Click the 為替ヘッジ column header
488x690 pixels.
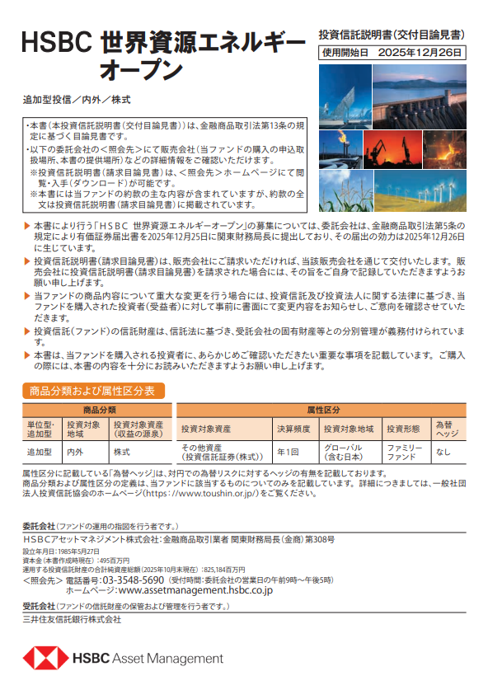(x=447, y=429)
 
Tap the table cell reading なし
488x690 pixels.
(x=443, y=452)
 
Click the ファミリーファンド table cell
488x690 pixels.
(x=402, y=452)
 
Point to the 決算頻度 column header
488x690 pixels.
(x=293, y=429)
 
